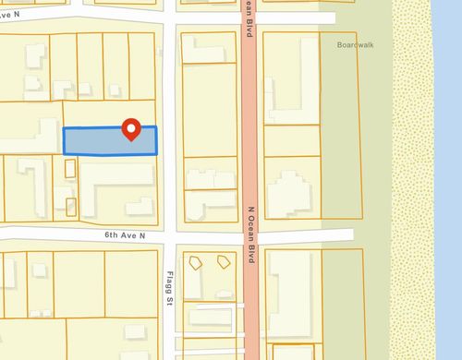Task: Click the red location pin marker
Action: [131, 130]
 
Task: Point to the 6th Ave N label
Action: [125, 236]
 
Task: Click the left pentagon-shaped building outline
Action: [195, 262]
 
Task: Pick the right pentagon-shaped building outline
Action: [223, 262]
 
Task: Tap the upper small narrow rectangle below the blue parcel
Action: [71, 169]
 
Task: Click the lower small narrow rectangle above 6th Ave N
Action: [71, 207]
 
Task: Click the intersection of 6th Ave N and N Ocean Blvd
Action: [250, 237]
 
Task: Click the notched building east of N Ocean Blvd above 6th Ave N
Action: [288, 194]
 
